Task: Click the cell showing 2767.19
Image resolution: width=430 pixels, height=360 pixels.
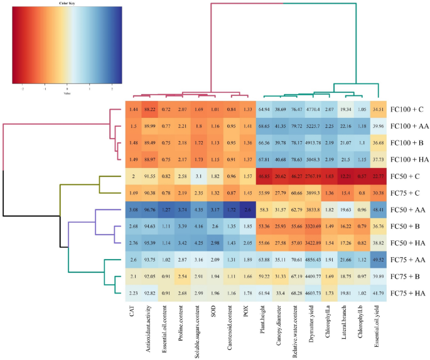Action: pos(313,175)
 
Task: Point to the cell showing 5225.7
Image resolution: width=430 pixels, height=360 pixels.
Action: pos(313,126)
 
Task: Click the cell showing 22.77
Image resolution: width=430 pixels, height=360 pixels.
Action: pos(378,175)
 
